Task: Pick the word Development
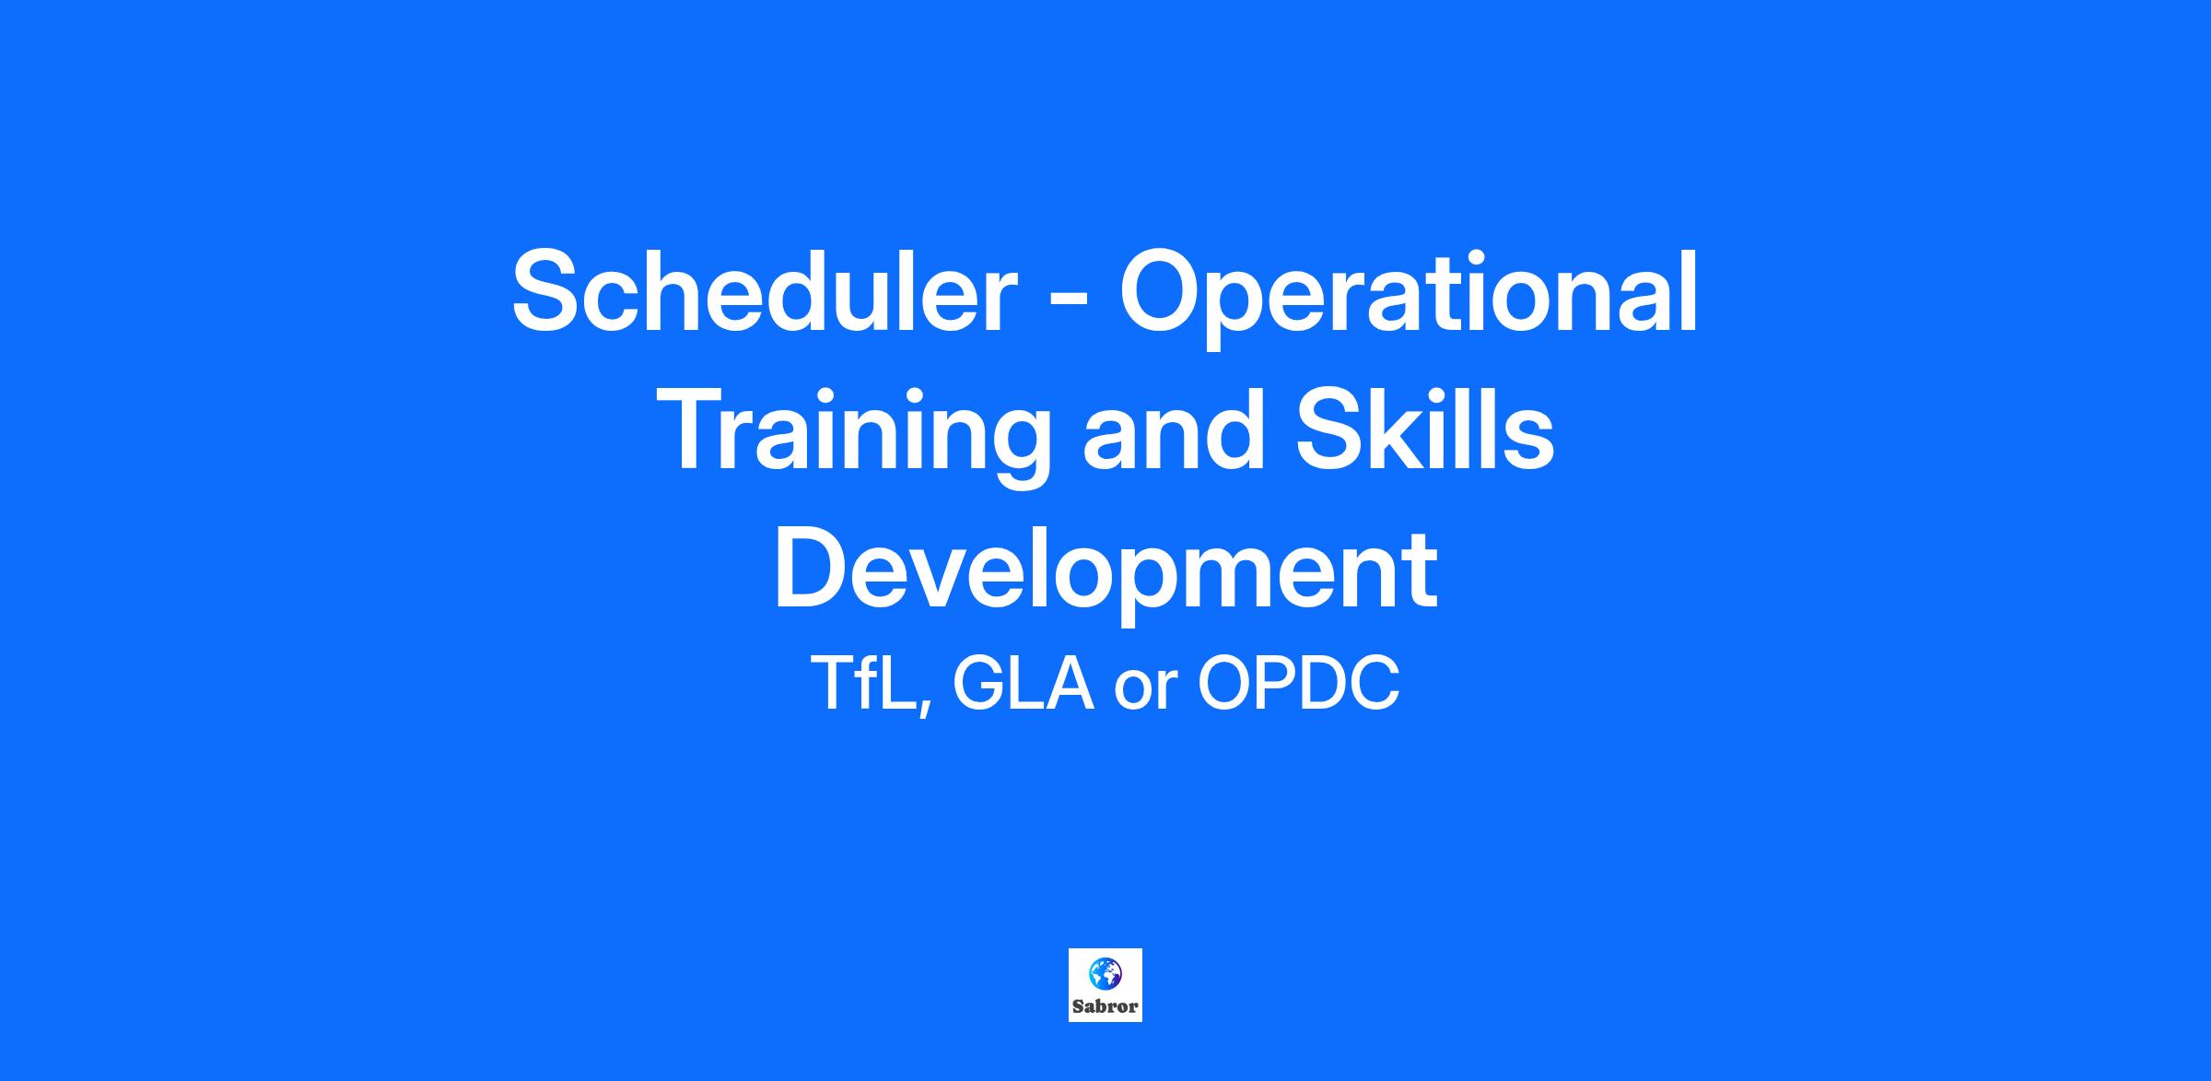tap(1105, 572)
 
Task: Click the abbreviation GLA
tap(1023, 684)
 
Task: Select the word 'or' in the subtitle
tap(1146, 692)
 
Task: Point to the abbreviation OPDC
tap(1299, 684)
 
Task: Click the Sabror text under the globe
tap(1105, 1006)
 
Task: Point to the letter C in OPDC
tap(1374, 684)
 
